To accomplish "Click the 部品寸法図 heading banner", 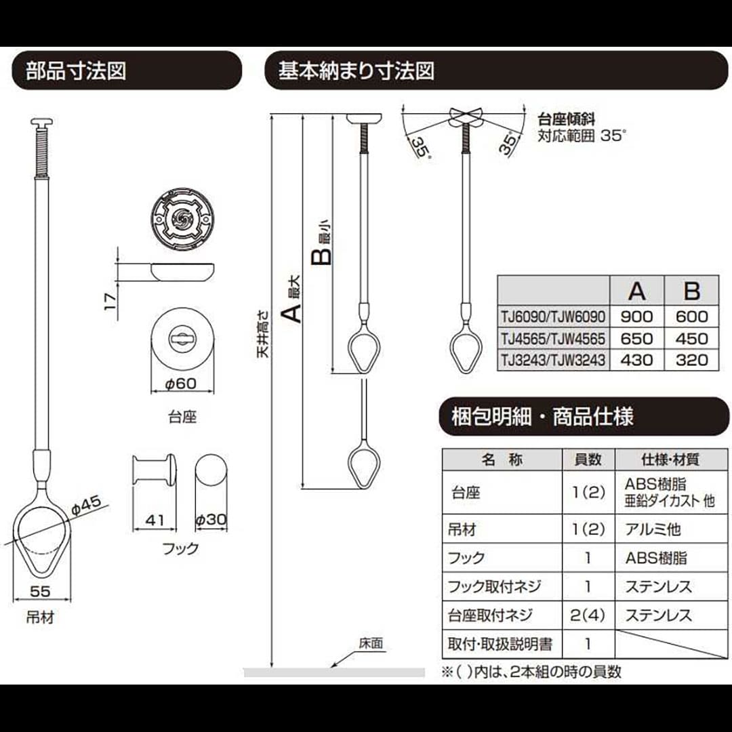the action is (x=127, y=70).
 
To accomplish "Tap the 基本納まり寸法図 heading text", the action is (x=356, y=71).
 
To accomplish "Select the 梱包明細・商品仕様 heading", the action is (x=542, y=416).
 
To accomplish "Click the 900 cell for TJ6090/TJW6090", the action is (x=636, y=317).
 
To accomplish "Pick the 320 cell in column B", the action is (x=691, y=360).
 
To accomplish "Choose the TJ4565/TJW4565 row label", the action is (x=553, y=338).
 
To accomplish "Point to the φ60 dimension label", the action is (x=181, y=384).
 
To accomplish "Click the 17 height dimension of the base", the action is (x=110, y=302).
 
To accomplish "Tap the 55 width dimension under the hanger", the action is (x=40, y=592).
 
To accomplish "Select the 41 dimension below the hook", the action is (x=155, y=520).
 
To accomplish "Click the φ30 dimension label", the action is (x=211, y=520).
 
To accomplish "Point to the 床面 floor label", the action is (x=371, y=644).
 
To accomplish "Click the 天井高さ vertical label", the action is (x=264, y=334).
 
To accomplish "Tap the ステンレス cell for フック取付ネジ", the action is (x=658, y=586).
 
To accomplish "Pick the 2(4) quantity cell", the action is (x=588, y=615).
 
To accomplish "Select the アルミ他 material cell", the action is (x=653, y=529).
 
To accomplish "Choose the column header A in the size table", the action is (x=636, y=291).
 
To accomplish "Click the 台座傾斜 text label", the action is (x=567, y=119).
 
